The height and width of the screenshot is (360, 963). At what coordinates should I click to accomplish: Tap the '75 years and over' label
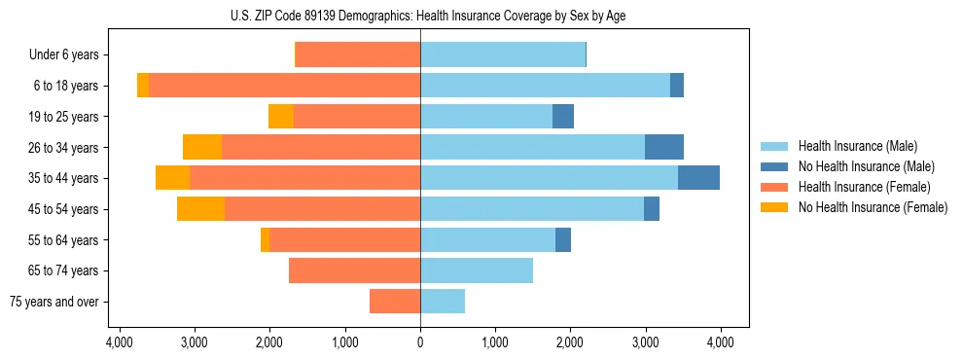[53, 302]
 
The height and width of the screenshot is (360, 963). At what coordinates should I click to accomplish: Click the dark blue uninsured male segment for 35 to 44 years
[698, 178]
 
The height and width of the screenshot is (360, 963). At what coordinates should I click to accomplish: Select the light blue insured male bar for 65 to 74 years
[477, 270]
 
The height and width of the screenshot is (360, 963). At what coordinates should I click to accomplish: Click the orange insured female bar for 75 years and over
[395, 302]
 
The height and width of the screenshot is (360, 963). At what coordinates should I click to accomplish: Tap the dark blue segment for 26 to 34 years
[664, 147]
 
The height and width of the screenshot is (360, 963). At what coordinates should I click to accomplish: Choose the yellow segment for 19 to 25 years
[281, 117]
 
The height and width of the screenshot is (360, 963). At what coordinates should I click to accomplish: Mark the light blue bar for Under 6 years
[503, 54]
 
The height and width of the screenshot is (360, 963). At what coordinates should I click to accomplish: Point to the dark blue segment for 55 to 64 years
[563, 240]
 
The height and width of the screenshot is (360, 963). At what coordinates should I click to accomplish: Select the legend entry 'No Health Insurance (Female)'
[873, 207]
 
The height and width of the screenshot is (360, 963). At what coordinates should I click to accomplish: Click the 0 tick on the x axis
[420, 342]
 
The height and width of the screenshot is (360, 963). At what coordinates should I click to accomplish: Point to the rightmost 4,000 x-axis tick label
[720, 342]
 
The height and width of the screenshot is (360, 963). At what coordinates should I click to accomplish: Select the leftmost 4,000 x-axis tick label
[120, 342]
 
